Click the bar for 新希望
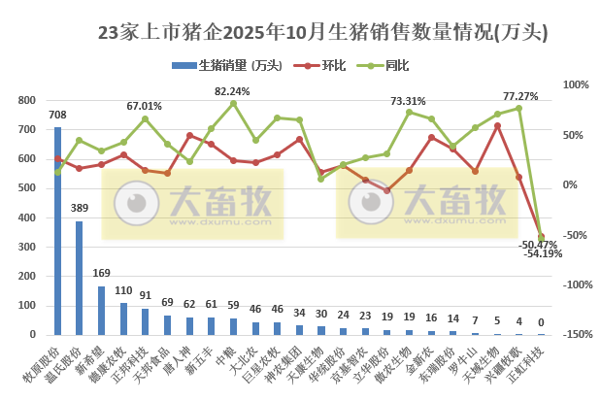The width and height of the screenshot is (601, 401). coord(102,310)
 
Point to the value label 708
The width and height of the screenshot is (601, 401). coord(57,116)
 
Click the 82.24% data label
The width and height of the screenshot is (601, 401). coord(232,91)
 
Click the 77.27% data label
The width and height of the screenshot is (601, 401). coord(520,96)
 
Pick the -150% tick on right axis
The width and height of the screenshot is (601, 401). coord(575,334)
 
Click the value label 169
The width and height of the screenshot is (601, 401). coord(101,275)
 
